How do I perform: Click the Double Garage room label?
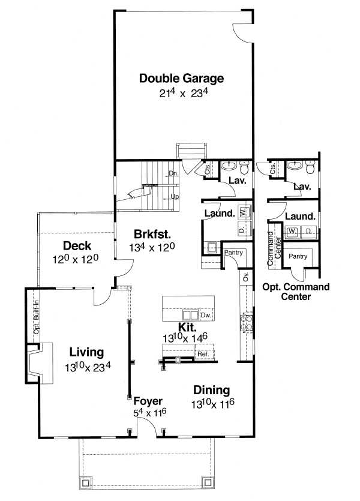181,78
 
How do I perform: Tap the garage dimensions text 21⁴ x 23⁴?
181,94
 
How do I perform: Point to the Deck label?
76,245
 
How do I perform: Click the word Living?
86,352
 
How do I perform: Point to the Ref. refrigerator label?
202,355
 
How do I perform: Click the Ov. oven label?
245,278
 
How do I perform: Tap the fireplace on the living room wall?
34,363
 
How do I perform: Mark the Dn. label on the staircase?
173,173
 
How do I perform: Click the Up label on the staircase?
175,196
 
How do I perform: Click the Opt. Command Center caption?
296,291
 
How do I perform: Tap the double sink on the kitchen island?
190,315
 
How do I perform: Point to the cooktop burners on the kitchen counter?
245,322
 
